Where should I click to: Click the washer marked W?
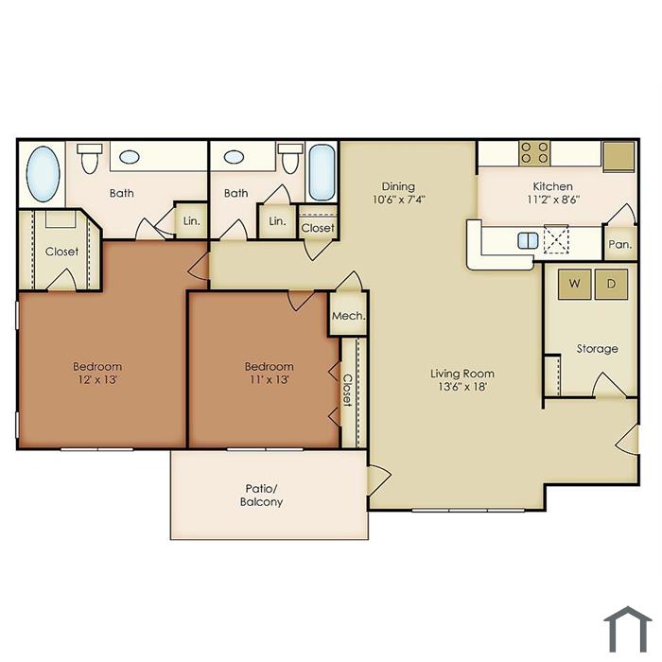(574, 284)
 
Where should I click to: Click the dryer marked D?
(611, 284)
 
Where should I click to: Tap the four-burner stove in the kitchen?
(534, 153)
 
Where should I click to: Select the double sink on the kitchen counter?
(528, 240)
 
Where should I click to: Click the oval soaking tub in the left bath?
(44, 174)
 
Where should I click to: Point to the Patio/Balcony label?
(261, 496)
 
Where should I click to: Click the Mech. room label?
(348, 316)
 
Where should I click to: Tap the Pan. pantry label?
(619, 244)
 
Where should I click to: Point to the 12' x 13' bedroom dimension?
(97, 379)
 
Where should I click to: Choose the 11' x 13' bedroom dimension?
(269, 379)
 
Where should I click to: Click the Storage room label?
(597, 349)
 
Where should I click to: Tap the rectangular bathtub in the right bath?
(322, 173)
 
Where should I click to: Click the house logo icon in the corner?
(628, 629)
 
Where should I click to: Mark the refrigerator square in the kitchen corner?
(618, 156)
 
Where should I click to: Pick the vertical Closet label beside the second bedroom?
(347, 390)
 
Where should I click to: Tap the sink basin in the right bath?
(234, 157)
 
